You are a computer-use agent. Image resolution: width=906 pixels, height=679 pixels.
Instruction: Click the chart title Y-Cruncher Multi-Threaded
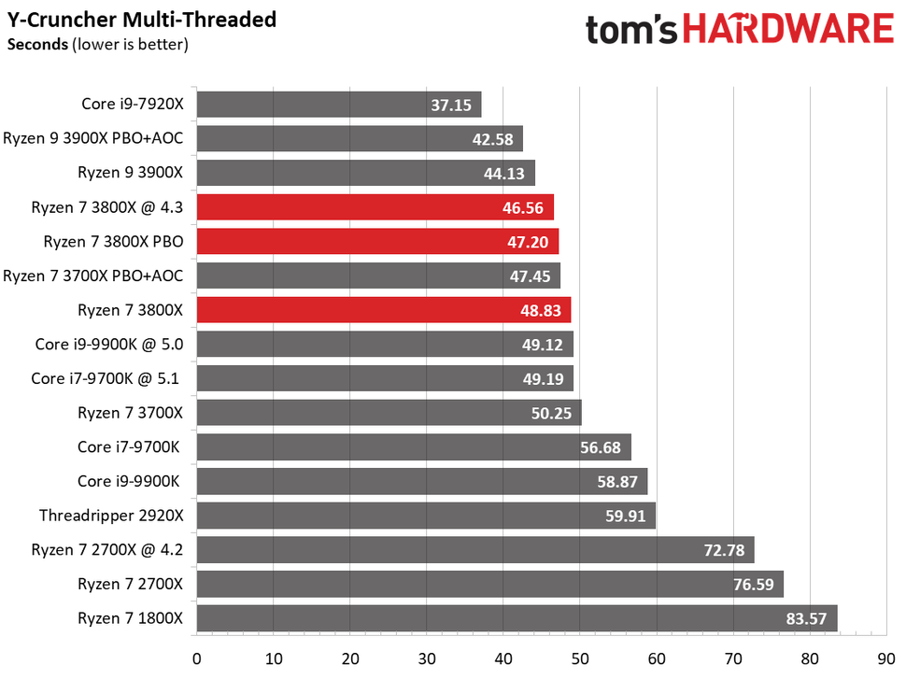pos(142,20)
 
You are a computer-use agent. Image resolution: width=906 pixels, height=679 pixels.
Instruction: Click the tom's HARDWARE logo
pos(739,29)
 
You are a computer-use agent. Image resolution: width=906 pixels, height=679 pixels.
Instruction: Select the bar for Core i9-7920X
pos(338,105)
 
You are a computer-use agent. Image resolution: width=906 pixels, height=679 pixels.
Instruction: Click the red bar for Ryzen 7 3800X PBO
pos(377,242)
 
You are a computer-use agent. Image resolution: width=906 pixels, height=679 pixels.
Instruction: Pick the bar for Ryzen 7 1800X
pos(517,618)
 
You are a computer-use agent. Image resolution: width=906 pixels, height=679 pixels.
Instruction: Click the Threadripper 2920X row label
pos(111,516)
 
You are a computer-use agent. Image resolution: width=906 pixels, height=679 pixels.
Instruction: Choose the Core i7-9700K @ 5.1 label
pos(106,378)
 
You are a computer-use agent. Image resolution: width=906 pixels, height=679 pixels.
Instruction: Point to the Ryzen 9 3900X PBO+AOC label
pos(92,139)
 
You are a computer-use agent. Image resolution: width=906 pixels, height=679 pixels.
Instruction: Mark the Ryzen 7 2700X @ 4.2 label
pos(103,550)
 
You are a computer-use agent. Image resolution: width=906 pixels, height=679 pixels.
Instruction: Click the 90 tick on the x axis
pos(885,658)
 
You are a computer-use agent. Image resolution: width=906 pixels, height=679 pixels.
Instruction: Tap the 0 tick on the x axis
pos(197,658)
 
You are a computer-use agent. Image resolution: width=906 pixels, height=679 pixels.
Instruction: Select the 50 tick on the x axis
pos(580,658)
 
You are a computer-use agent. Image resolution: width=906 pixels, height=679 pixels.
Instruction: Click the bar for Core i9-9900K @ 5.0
pos(385,345)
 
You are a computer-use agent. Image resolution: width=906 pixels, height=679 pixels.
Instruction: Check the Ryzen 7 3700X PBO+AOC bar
pos(378,276)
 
